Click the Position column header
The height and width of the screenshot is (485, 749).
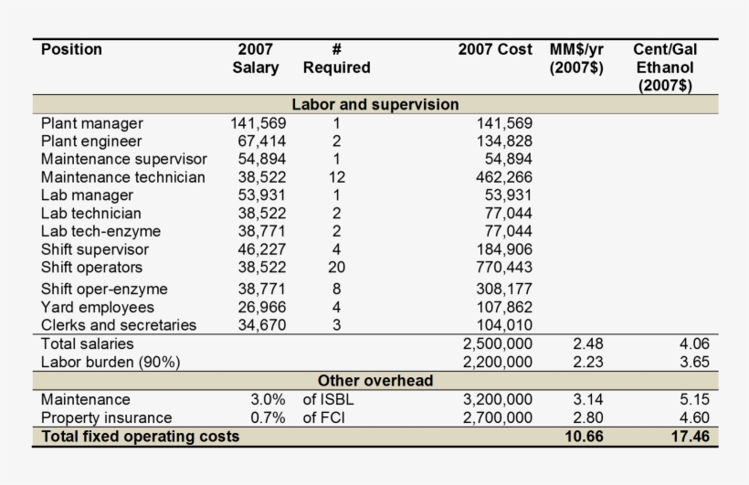point(71,49)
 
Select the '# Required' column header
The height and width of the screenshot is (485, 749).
point(336,58)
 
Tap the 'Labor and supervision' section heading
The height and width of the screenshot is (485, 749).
point(375,104)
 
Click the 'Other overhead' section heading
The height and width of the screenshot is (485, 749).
point(375,380)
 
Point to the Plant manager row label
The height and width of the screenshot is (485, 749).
point(91,123)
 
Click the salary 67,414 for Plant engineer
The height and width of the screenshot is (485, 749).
point(262,141)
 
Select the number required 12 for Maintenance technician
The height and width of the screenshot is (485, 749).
point(336,177)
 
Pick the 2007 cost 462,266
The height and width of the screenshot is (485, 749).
point(504,177)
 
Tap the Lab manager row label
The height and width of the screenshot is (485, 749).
point(87,195)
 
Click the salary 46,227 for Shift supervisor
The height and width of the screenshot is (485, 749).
point(262,249)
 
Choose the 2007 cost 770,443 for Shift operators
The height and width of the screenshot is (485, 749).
point(504,267)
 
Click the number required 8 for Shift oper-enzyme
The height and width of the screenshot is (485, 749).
point(336,289)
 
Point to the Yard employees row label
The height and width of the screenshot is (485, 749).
point(98,307)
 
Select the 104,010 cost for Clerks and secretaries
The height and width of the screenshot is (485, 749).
point(504,325)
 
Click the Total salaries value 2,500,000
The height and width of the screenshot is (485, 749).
point(497,343)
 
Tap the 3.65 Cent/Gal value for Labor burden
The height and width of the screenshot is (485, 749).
point(694,362)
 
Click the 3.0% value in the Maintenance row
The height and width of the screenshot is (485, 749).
point(268,399)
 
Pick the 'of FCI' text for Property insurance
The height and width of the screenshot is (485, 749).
point(323,417)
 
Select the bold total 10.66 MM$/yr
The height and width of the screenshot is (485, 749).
point(584,437)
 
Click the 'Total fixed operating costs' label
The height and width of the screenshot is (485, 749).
point(140,437)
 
